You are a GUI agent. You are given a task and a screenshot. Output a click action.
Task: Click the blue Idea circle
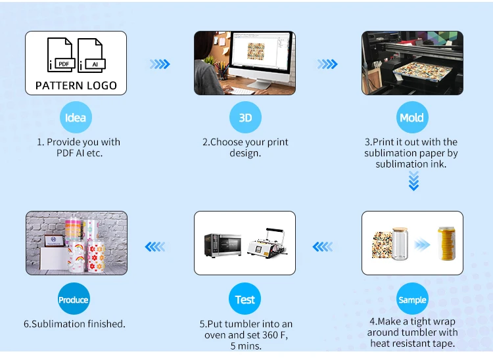76,118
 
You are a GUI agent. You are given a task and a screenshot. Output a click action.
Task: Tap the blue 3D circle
245,118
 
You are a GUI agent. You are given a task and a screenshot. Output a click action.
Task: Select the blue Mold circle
412,118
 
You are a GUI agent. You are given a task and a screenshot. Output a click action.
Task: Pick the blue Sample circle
412,300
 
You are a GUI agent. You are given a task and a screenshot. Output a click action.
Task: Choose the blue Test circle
245,300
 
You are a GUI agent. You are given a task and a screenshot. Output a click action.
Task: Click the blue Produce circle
74,300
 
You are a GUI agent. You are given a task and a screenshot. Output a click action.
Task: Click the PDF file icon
61,55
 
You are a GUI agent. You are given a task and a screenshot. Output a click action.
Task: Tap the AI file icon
91,55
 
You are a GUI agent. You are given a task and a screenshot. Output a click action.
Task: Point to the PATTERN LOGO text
76,85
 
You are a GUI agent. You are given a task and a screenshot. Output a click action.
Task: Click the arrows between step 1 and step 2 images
160,64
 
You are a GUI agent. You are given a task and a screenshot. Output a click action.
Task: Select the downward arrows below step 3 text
413,181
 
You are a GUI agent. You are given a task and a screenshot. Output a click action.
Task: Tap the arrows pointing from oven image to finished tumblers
155,247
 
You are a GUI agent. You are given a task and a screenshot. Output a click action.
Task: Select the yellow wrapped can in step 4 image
447,243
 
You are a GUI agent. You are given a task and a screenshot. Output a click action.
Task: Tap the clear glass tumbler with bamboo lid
399,244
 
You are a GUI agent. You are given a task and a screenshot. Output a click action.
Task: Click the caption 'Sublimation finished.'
74,324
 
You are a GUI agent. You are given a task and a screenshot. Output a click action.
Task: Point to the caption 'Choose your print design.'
245,147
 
